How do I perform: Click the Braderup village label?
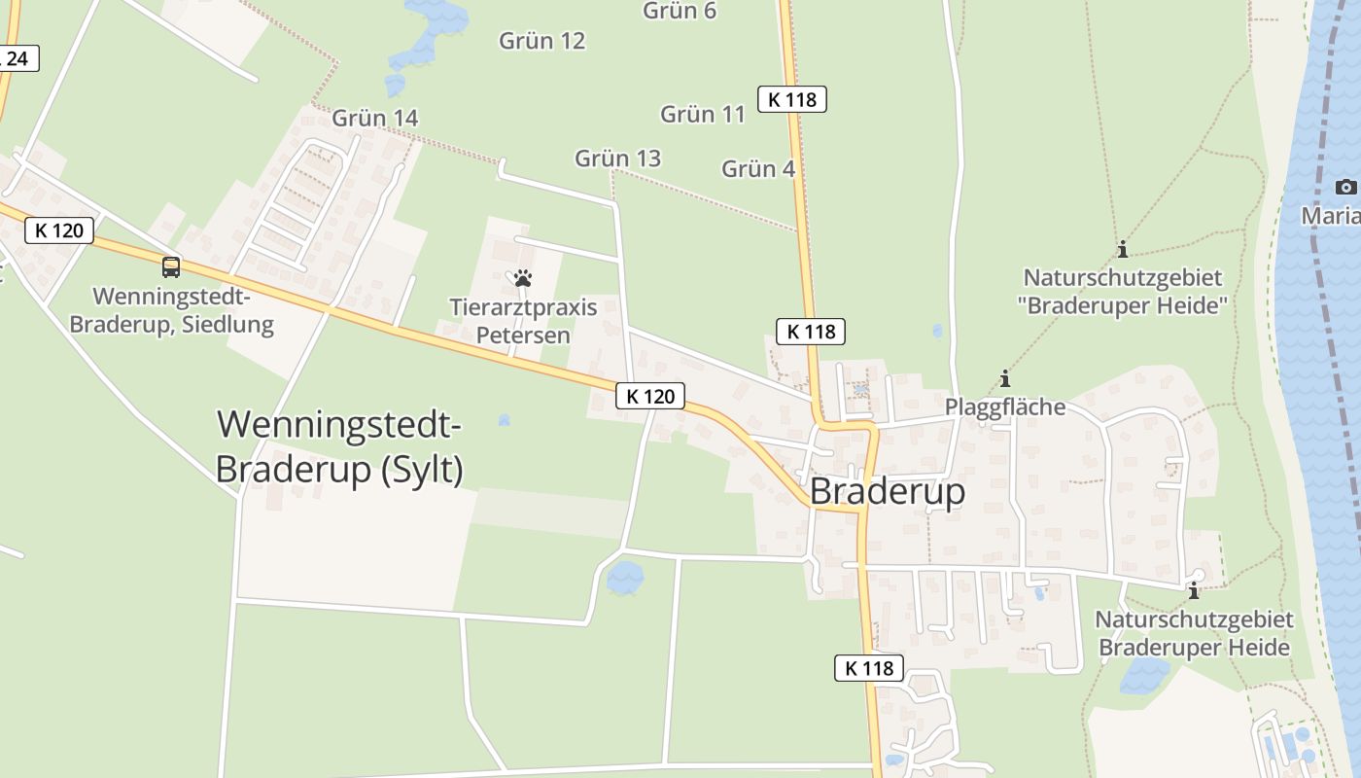(887, 491)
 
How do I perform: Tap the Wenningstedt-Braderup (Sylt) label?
(338, 447)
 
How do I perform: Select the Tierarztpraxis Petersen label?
(523, 321)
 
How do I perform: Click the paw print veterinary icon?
(523, 279)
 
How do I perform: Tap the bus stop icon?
(171, 266)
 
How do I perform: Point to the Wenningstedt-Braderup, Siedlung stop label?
(171, 310)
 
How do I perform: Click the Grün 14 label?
(374, 118)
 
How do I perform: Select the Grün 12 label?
(541, 41)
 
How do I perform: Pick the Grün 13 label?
(617, 159)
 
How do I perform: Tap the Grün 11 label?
(702, 114)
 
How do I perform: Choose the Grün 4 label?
(758, 169)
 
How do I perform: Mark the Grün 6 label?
(680, 11)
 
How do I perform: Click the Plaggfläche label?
(1005, 407)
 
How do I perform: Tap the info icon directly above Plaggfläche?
(1005, 379)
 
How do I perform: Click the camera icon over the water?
(1345, 187)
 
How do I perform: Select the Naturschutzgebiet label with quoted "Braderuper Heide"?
(1123, 292)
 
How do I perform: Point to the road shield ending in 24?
(17, 59)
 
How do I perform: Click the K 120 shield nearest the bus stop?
(59, 230)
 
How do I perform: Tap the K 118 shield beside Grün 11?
(791, 98)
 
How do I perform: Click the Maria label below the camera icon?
(1332, 215)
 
